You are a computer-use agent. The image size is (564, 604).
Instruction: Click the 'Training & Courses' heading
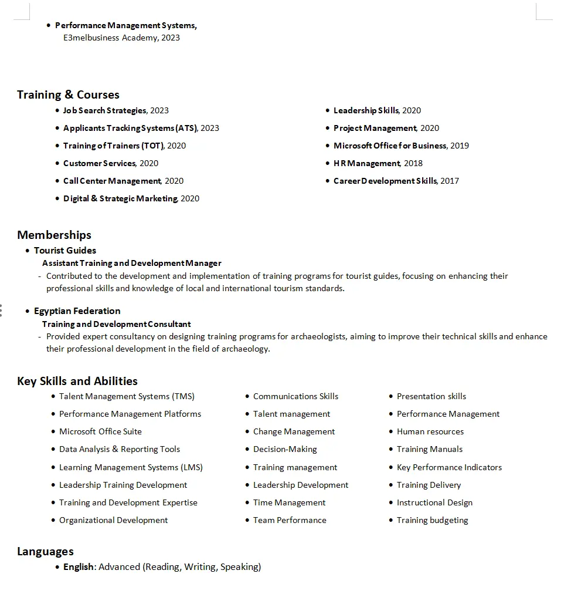pos(68,95)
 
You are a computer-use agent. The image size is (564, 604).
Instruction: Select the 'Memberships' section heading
pos(54,235)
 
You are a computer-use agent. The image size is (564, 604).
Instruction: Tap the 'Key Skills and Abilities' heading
pos(77,381)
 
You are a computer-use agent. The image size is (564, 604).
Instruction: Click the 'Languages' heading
pos(45,551)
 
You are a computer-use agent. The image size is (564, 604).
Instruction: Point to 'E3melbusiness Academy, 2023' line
pos(121,38)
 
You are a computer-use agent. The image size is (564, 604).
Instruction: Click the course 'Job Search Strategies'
pos(104,110)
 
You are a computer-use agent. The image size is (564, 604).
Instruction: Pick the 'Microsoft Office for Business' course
pos(390,146)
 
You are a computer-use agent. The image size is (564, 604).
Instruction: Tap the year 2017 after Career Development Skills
pos(450,181)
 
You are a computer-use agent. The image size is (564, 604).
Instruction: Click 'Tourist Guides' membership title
pos(65,250)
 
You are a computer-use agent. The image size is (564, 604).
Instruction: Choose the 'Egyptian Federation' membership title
pos(77,311)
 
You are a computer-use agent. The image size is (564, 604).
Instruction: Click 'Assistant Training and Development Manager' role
pos(132,263)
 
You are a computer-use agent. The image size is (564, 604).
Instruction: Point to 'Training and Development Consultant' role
pos(117,324)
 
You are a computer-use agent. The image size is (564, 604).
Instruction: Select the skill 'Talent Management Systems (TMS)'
pos(127,396)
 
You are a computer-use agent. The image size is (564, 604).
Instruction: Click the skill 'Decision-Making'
pos(285,449)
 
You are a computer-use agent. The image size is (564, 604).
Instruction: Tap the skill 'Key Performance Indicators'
pos(449,467)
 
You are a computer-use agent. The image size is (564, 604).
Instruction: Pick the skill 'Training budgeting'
pos(432,520)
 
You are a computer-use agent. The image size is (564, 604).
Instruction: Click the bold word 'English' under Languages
pos(79,566)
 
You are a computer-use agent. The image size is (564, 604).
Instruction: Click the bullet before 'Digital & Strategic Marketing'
pos(57,198)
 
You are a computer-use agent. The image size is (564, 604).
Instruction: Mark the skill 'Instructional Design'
pos(434,502)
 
